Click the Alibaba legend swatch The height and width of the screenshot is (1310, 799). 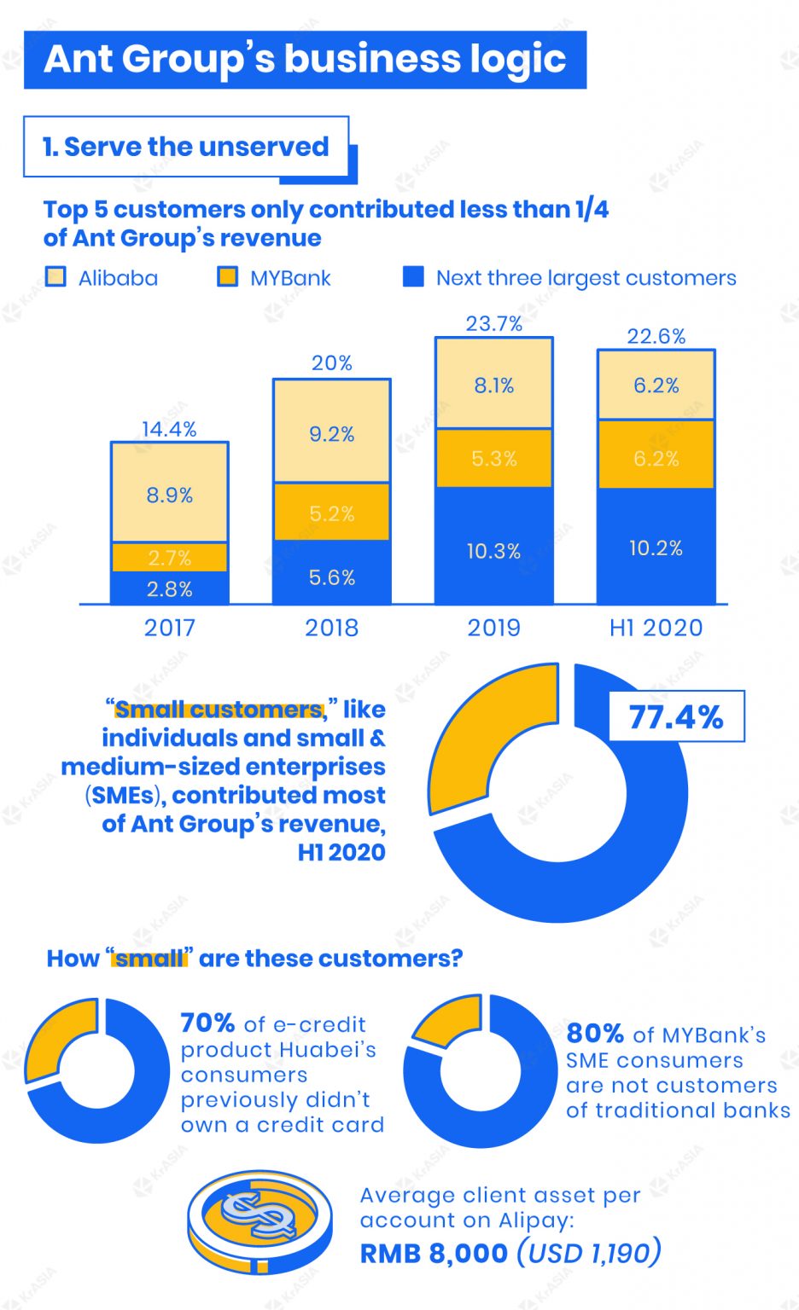[x=55, y=277]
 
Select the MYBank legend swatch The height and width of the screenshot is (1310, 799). [x=227, y=277]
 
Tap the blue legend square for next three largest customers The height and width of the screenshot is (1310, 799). [x=413, y=277]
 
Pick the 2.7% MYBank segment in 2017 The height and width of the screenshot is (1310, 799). [x=169, y=558]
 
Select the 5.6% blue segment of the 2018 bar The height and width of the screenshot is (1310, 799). [x=331, y=577]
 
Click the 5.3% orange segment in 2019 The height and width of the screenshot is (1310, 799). [x=493, y=458]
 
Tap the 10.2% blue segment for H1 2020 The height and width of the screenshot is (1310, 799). [x=656, y=548]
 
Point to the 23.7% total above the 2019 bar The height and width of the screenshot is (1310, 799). [x=493, y=324]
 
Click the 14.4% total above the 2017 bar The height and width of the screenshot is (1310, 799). [x=169, y=429]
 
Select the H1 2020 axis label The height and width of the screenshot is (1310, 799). [x=656, y=628]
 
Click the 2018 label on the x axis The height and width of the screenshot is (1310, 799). [x=331, y=628]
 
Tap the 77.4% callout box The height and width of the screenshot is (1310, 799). [x=675, y=717]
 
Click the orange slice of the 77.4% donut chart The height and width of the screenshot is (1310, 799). [x=478, y=733]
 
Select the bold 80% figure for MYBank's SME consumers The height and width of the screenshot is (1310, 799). [x=595, y=1034]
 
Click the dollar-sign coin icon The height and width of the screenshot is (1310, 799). [x=260, y=1221]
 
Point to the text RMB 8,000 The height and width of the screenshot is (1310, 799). [x=434, y=1254]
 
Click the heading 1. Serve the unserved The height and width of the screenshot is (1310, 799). [x=186, y=147]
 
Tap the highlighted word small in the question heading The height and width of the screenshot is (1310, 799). [x=149, y=959]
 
